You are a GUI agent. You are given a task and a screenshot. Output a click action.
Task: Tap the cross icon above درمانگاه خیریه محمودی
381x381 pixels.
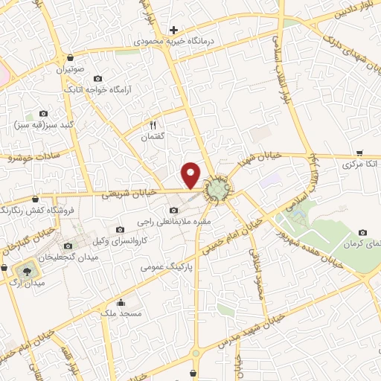coord(173,31)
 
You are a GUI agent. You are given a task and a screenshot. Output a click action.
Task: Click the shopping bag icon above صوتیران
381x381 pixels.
coord(69,57)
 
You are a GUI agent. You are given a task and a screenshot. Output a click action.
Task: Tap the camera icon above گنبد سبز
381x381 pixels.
coord(42,113)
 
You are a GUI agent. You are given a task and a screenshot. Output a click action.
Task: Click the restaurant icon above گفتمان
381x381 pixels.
coord(153,125)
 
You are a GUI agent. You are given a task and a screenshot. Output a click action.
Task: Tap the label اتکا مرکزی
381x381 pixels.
coord(360,163)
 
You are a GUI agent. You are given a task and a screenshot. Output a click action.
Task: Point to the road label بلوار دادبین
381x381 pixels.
coord(339,14)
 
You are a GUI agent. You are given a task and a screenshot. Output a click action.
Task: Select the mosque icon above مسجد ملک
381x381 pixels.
coord(121,303)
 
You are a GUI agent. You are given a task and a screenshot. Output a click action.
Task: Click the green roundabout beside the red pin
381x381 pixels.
coord(218,190)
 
